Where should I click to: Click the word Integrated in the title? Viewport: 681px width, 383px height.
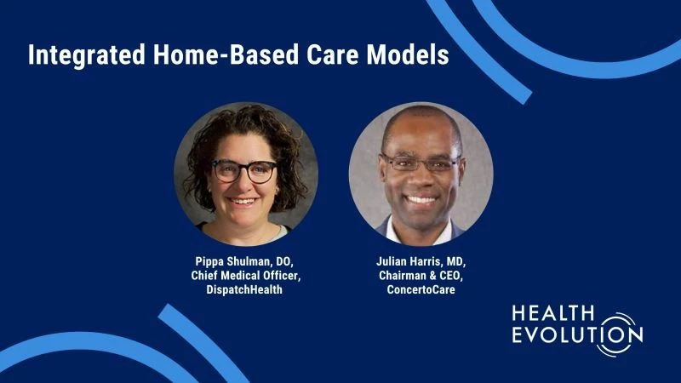pyautogui.click(x=87, y=55)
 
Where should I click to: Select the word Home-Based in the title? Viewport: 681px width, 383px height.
pyautogui.click(x=226, y=54)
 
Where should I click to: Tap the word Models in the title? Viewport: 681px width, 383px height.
pyautogui.click(x=408, y=54)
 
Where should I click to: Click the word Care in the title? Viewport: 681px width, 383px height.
pyautogui.click(x=332, y=54)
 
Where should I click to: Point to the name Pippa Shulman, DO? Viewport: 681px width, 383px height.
pyautogui.click(x=244, y=262)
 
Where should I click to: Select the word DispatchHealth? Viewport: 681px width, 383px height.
pyautogui.click(x=244, y=289)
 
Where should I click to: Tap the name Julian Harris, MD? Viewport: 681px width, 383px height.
pyautogui.click(x=421, y=262)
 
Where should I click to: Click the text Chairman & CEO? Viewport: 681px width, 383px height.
pyautogui.click(x=421, y=276)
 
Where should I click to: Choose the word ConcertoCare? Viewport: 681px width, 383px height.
pyautogui.click(x=421, y=289)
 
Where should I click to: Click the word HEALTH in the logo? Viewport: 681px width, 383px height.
pyautogui.click(x=552, y=312)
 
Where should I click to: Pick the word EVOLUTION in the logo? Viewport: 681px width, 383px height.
pyautogui.click(x=577, y=335)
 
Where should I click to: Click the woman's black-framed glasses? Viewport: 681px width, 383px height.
pyautogui.click(x=244, y=171)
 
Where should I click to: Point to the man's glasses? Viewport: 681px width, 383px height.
pyautogui.click(x=420, y=163)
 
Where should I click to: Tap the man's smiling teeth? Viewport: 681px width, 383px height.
pyautogui.click(x=421, y=200)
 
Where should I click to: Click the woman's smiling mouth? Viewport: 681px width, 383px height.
pyautogui.click(x=243, y=201)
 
